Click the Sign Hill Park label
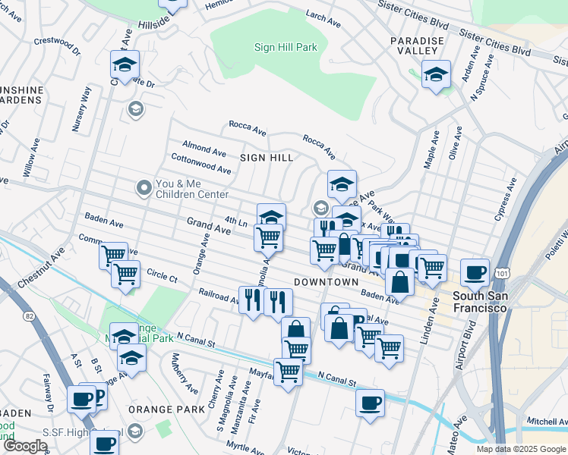tap(285, 47)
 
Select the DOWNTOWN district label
tap(325, 281)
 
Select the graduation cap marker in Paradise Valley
tap(436, 74)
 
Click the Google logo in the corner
tap(25, 446)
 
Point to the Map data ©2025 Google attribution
tap(520, 449)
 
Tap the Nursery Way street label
tap(81, 110)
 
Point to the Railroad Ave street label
tap(219, 295)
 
